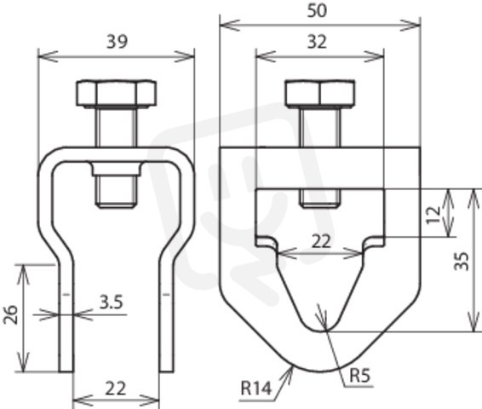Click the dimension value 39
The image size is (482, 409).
click(x=117, y=42)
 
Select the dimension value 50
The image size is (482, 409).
click(x=317, y=11)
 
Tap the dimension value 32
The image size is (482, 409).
click(x=317, y=42)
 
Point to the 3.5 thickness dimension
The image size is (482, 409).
click(x=112, y=302)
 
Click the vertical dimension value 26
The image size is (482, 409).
click(x=11, y=314)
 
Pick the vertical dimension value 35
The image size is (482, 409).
click(x=462, y=261)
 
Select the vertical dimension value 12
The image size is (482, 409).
click(x=434, y=216)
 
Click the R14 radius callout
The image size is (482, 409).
click(x=256, y=388)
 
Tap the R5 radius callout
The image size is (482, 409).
click(x=360, y=376)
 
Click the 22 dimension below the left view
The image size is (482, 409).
click(x=116, y=389)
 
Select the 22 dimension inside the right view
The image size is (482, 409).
click(x=322, y=241)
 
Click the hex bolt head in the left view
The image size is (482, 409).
click(x=117, y=94)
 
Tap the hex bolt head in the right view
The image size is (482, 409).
click(x=320, y=94)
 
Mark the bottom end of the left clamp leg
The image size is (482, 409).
click(x=66, y=372)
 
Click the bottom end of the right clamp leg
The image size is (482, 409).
click(x=166, y=372)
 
